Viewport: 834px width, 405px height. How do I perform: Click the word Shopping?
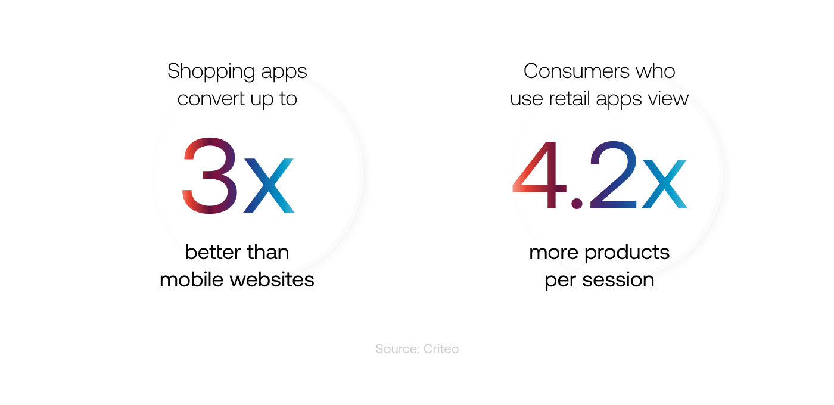[211, 71]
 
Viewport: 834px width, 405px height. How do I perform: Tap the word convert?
[211, 99]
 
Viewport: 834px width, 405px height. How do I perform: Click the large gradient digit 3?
[210, 176]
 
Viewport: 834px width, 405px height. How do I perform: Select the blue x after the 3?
[269, 186]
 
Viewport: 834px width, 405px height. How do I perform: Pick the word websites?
[272, 279]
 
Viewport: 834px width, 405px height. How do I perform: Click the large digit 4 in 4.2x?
[540, 175]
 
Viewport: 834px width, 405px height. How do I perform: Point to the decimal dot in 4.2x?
[577, 204]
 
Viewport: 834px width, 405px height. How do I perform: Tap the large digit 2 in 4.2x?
[613, 174]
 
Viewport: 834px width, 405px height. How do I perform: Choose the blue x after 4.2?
[665, 184]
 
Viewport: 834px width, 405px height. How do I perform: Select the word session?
[618, 280]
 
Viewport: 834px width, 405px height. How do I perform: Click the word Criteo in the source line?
[441, 349]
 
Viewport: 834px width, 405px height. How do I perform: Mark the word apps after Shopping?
[284, 73]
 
